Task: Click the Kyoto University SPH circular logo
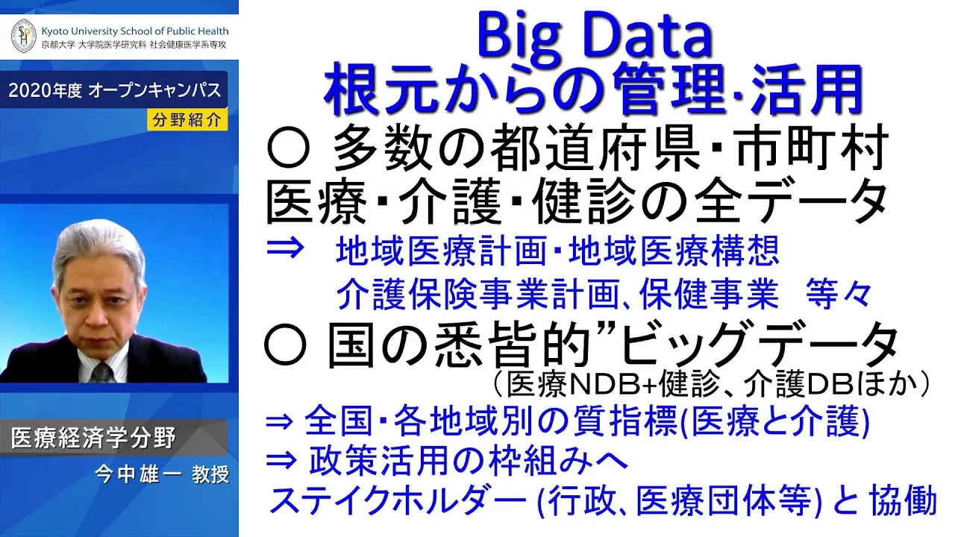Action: click(x=23, y=37)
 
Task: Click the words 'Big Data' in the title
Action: click(x=595, y=37)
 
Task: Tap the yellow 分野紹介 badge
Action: click(x=187, y=120)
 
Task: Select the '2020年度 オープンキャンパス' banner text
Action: click(x=115, y=90)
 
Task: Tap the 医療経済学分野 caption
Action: click(x=93, y=438)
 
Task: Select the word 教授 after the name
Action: click(x=210, y=475)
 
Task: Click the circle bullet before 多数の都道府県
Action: click(x=288, y=151)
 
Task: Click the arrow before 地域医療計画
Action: click(x=285, y=248)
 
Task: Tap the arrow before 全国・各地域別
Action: click(x=279, y=423)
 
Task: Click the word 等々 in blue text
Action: click(x=839, y=294)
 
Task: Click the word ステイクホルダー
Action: click(x=398, y=500)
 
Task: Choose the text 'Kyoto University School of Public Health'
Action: click(x=135, y=31)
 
